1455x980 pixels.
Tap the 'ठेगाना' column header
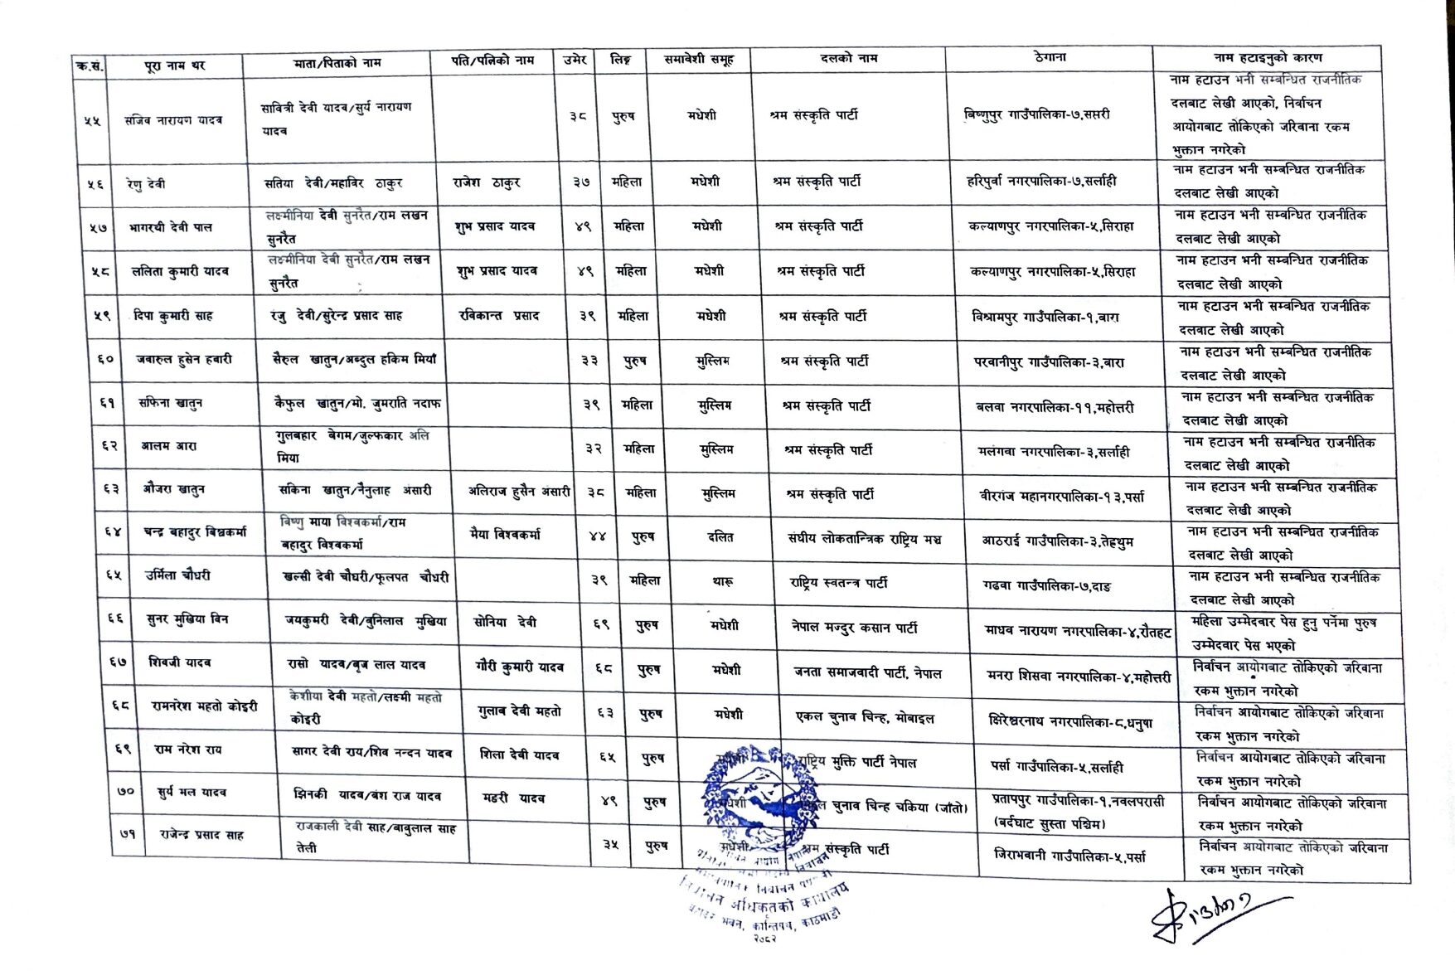click(1049, 58)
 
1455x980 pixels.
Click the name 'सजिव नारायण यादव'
click(174, 120)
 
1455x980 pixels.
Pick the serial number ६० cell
click(105, 360)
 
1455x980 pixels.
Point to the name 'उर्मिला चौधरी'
click(177, 575)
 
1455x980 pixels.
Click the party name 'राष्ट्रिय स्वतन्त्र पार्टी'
click(838, 583)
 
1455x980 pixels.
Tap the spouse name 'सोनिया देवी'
click(505, 622)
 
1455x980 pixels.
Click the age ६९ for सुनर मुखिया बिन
click(601, 624)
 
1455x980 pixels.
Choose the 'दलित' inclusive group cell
click(720, 537)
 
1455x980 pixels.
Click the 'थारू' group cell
click(722, 582)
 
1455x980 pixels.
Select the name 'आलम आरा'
click(168, 446)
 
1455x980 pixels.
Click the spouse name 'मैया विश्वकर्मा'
click(505, 535)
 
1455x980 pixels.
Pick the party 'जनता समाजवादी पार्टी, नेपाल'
click(867, 672)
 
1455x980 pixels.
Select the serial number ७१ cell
click(128, 835)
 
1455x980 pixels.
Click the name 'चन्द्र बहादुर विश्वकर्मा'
click(194, 532)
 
